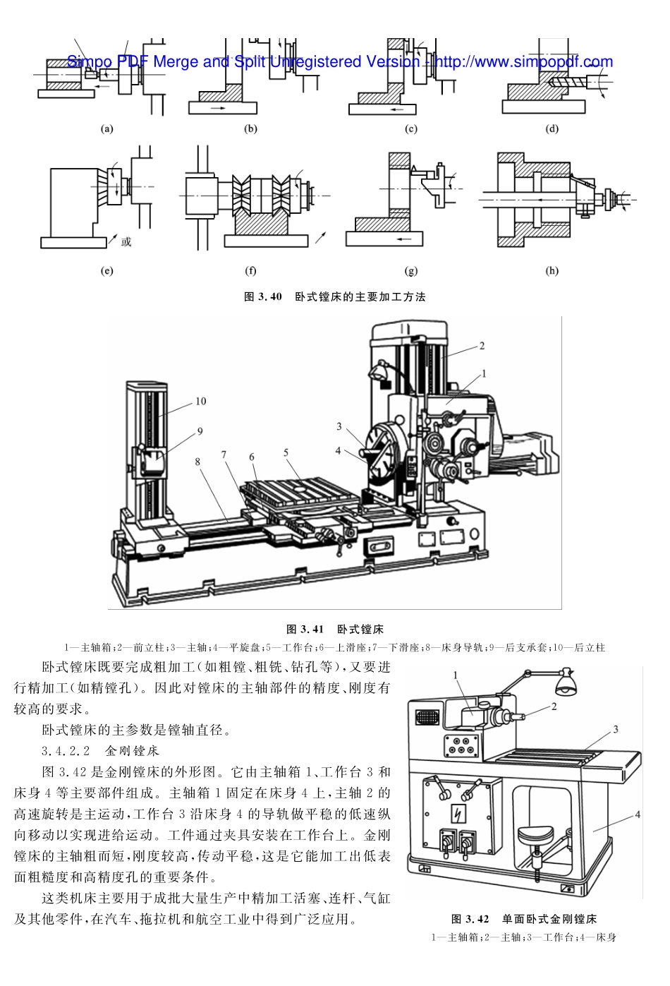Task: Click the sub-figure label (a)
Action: (x=107, y=128)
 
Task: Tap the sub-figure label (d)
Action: (x=552, y=128)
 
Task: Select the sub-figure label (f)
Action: (x=250, y=270)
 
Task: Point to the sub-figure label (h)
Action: (x=552, y=270)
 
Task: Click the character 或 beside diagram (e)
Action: (x=126, y=242)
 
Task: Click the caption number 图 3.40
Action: (x=262, y=297)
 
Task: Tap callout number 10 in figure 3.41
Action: (x=200, y=401)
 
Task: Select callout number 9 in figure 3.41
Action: (x=200, y=431)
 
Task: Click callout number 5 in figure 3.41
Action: (x=286, y=452)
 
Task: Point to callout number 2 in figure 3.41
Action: (x=482, y=346)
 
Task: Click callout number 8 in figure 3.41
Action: (x=197, y=462)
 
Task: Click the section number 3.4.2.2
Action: (x=66, y=750)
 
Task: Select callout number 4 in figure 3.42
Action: (x=637, y=814)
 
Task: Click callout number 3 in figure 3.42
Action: (x=615, y=729)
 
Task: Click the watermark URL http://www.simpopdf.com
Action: (x=523, y=62)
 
